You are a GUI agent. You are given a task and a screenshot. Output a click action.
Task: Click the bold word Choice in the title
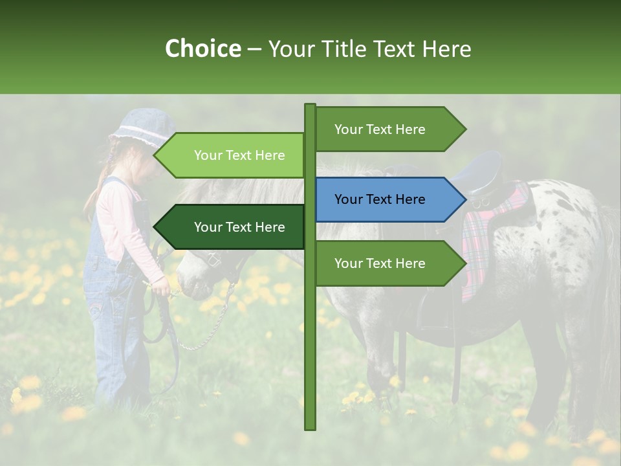[x=202, y=49]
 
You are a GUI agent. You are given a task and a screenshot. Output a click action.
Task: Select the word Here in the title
[x=447, y=49]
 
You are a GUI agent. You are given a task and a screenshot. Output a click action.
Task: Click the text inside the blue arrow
[x=380, y=200]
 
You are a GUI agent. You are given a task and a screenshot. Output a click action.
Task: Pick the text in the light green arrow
[x=239, y=155]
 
